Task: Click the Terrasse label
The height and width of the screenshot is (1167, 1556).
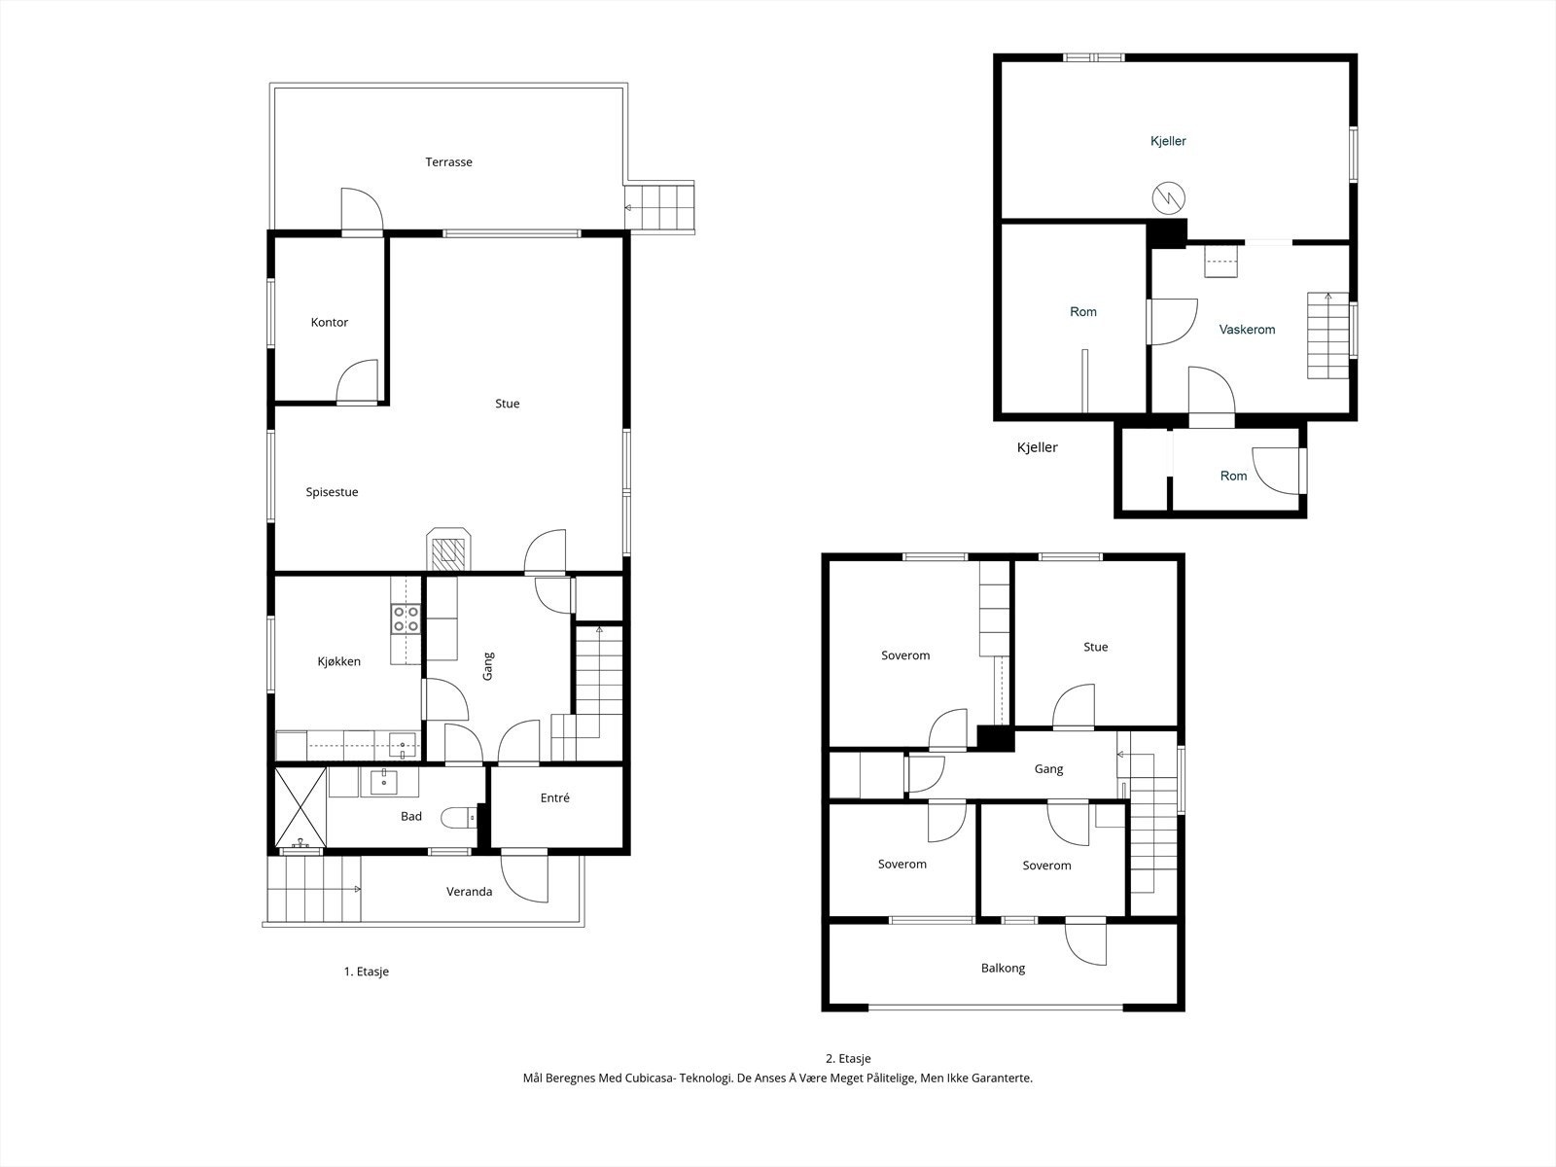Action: click(448, 162)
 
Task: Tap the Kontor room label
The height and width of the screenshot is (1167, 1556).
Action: click(329, 323)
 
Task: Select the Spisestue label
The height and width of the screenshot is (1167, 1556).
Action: click(332, 492)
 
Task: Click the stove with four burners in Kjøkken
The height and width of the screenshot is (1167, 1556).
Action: click(406, 619)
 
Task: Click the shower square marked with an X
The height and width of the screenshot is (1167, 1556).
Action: click(301, 807)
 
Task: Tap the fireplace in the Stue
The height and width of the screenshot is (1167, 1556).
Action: click(448, 549)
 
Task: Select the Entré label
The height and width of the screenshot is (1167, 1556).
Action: click(554, 797)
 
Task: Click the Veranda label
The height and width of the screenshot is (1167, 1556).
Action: click(469, 892)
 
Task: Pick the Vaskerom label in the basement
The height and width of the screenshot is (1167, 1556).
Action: click(1247, 330)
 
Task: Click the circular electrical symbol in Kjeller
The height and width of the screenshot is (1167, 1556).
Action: click(1168, 198)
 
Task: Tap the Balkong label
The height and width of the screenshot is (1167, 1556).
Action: click(1003, 968)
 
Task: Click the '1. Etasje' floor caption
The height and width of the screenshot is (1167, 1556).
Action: click(367, 972)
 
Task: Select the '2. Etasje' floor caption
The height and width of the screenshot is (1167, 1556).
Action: click(848, 1059)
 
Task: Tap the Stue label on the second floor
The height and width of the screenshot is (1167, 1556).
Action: click(1095, 647)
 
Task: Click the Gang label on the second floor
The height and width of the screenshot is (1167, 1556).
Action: click(1048, 769)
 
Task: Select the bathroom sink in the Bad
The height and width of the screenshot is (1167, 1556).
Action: click(384, 782)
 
